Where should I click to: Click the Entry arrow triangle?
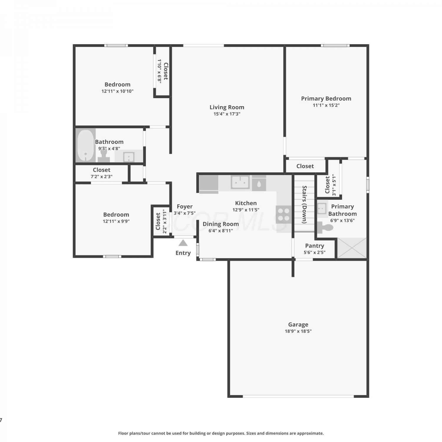tap(183, 243)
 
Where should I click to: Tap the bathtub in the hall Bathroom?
tap(85, 145)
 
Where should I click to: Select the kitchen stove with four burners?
tap(283, 215)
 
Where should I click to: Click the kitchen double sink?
tap(240, 182)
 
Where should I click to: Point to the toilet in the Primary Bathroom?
tap(325, 227)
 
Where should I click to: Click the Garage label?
tap(298, 324)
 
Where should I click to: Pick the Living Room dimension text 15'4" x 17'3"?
tap(227, 114)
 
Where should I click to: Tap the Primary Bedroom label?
tap(326, 98)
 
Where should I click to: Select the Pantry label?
tap(315, 246)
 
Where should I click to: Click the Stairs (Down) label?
tap(305, 204)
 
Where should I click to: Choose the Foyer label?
tap(185, 207)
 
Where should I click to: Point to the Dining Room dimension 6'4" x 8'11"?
tap(221, 231)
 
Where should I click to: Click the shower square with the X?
tap(352, 248)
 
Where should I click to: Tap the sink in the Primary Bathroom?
tap(322, 208)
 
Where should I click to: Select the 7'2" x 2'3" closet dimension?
tap(101, 177)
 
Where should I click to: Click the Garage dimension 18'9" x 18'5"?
tap(298, 331)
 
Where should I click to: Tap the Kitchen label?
tap(246, 203)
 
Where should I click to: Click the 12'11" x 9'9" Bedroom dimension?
tap(116, 221)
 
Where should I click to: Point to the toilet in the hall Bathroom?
tap(104, 155)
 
